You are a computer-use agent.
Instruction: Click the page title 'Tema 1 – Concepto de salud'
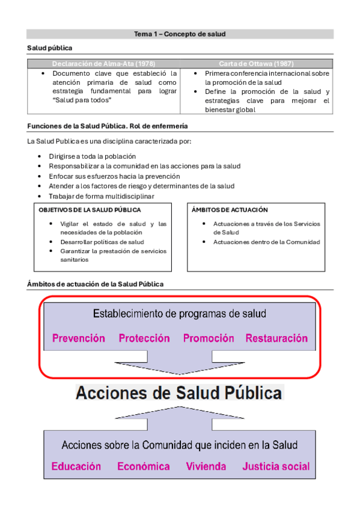coord(180,34)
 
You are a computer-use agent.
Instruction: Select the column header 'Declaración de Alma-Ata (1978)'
coord(103,63)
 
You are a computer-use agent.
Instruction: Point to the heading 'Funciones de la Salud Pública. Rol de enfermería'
coord(108,126)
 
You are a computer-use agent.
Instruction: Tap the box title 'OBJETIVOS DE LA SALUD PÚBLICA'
coord(90,210)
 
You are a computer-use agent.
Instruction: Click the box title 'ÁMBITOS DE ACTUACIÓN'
coord(230,210)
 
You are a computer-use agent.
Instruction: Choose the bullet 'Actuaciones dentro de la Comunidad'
coord(266,242)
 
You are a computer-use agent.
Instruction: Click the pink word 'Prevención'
coord(79,339)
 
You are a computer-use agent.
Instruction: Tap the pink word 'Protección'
coord(144,339)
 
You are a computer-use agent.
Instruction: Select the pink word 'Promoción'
coord(209,339)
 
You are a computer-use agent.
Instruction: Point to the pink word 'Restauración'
coord(276,339)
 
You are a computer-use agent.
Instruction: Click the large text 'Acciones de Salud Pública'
coord(178,393)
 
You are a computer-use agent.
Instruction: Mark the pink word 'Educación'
coord(76,466)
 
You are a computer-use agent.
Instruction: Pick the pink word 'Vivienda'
coord(206,466)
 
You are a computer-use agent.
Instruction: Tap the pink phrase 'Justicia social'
coord(276,466)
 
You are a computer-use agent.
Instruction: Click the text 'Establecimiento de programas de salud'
coord(180,314)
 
